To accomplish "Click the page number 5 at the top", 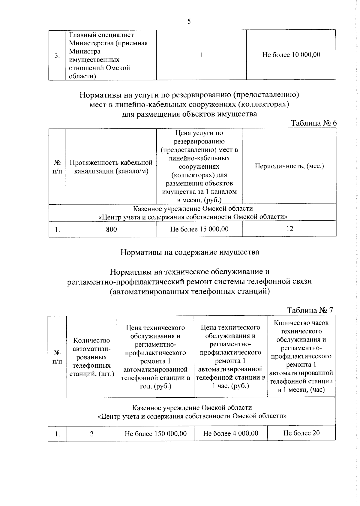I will pyautogui.click(x=189, y=21).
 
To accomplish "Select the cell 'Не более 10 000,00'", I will pyautogui.click(x=291, y=55).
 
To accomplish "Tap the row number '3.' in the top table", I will pyautogui.click(x=57, y=56).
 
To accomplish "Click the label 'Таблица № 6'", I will pyautogui.click(x=314, y=123).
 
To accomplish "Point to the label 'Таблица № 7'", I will pyautogui.click(x=310, y=310).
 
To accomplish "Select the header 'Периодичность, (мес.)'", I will pyautogui.click(x=289, y=166).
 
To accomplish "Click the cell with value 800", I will pyautogui.click(x=111, y=229).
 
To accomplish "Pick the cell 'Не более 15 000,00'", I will pyautogui.click(x=199, y=229).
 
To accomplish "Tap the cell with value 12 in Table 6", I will pyautogui.click(x=289, y=229).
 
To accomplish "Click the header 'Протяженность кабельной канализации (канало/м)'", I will pyautogui.click(x=111, y=167).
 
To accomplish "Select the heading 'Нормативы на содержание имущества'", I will pyautogui.click(x=190, y=252).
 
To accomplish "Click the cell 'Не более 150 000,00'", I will pyautogui.click(x=155, y=433).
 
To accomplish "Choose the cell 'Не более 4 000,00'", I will pyautogui.click(x=230, y=433).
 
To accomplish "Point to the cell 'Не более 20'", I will pyautogui.click(x=301, y=433).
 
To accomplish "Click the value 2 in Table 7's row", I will pyautogui.click(x=92, y=434).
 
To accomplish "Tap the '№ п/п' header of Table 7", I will pyautogui.click(x=57, y=357).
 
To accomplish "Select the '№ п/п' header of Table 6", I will pyautogui.click(x=57, y=167).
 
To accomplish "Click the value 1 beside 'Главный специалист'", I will pyautogui.click(x=201, y=55).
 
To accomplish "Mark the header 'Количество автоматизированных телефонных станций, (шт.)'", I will pyautogui.click(x=92, y=357).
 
